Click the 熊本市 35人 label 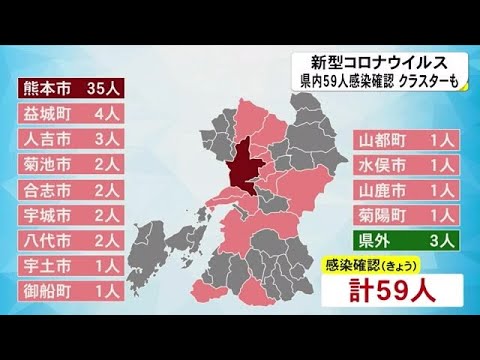69,87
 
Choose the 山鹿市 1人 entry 406,189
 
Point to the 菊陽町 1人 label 406,214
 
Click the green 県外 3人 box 406,240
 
